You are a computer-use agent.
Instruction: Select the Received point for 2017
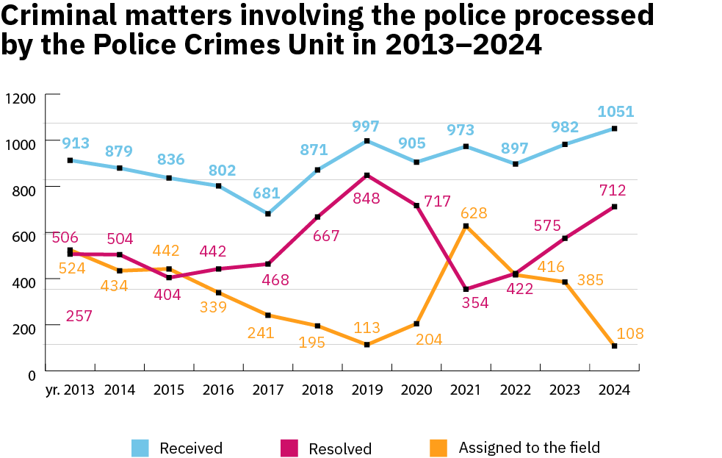(x=268, y=214)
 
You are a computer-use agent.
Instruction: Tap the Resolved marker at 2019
(x=367, y=175)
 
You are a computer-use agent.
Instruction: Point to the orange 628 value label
(x=474, y=213)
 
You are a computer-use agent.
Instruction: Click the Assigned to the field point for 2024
(x=614, y=346)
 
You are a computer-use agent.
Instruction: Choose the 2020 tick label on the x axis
(x=416, y=390)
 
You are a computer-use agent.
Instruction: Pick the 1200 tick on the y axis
(x=21, y=99)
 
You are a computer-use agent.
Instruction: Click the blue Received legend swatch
(x=141, y=448)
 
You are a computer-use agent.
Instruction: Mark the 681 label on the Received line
(x=267, y=193)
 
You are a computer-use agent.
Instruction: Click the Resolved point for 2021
(x=465, y=289)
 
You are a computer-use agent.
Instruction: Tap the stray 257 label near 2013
(x=79, y=316)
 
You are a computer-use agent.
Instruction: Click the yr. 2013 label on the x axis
(x=70, y=390)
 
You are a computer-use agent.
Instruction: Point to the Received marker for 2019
(x=367, y=140)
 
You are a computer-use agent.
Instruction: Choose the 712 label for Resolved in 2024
(x=612, y=191)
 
